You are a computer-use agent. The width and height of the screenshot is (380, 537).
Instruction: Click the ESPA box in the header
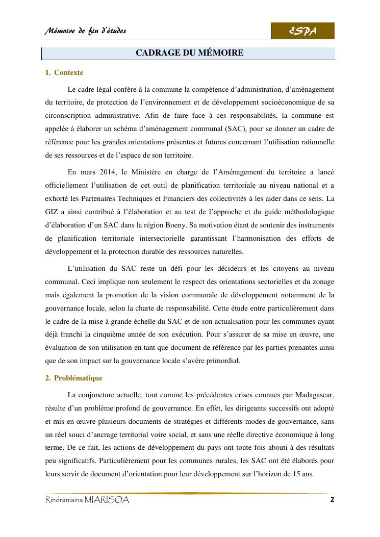pos(302,31)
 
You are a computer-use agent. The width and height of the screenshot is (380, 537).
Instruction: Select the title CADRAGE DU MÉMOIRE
pos(189,53)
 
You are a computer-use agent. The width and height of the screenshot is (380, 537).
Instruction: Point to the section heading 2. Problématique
pos(74,378)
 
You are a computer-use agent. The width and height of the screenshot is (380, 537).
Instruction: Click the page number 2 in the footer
pos(332,500)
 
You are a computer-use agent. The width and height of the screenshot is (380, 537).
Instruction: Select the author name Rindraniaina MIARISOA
pos(87,500)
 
